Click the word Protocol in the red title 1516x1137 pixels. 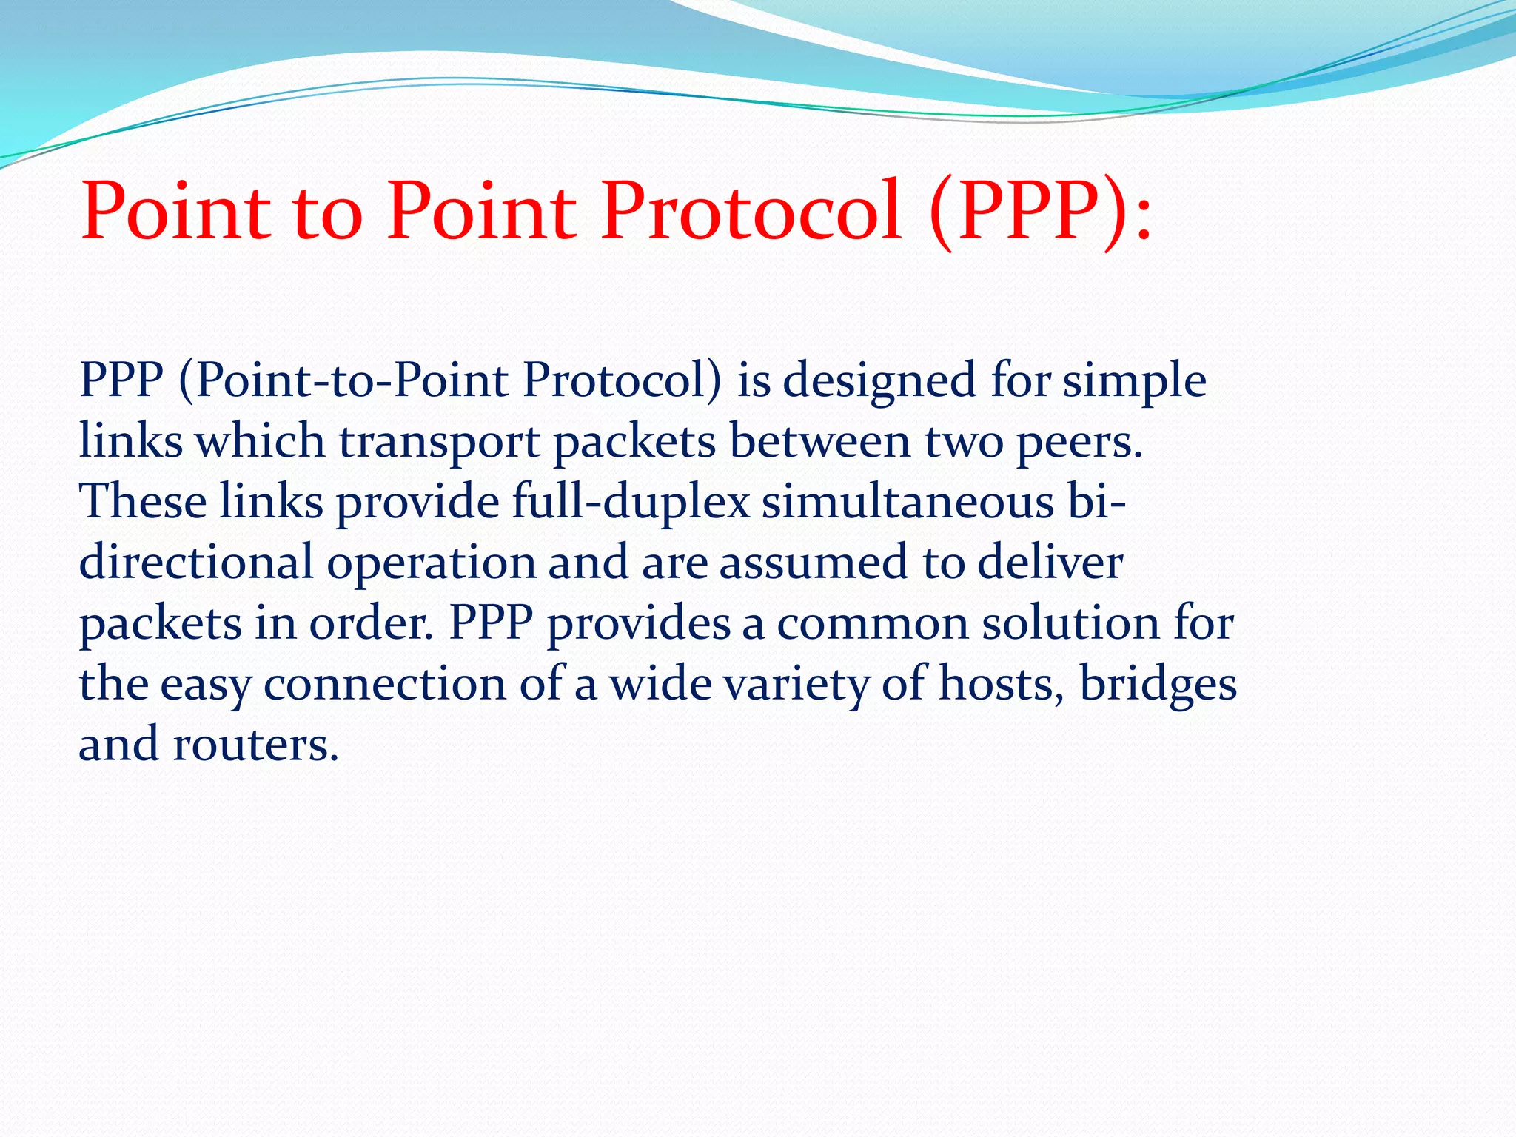[x=751, y=212]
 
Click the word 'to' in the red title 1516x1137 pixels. [x=328, y=212]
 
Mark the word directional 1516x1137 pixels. [x=196, y=562]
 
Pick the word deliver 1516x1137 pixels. [x=1050, y=562]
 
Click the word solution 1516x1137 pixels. [x=1070, y=623]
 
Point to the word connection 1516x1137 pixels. [x=384, y=684]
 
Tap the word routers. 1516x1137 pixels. [x=255, y=745]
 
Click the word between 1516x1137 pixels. [x=819, y=442]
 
